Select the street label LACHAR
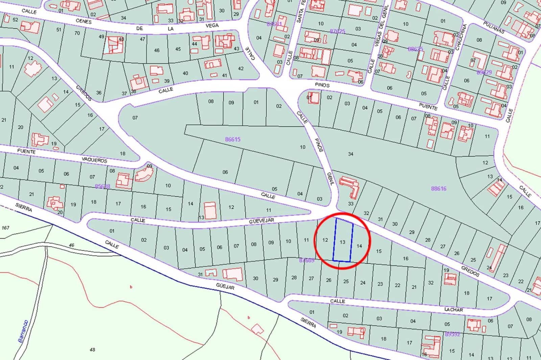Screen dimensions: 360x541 point(454,309)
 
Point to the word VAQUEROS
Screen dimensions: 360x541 point(94,160)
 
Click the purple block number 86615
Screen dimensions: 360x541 point(233,139)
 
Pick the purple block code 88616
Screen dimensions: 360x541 point(439,189)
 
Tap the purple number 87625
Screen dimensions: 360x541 point(337,31)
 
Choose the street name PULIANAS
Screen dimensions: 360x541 point(494,28)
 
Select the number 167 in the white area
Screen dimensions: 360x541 point(5,228)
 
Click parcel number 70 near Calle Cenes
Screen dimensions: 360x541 point(77,33)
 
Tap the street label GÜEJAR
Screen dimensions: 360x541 point(225,286)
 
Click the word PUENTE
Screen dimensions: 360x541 point(428,107)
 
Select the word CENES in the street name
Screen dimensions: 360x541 point(84,21)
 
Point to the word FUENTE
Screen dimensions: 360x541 point(26,152)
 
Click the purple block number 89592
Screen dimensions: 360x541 point(452,334)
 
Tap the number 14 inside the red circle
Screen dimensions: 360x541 point(359,246)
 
